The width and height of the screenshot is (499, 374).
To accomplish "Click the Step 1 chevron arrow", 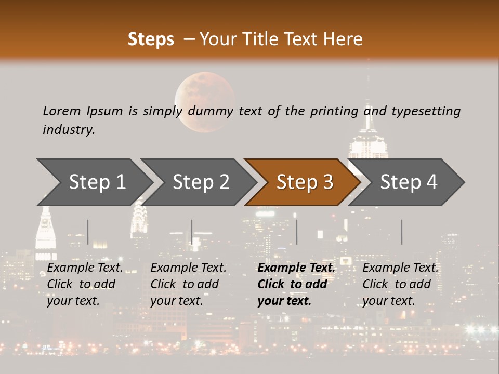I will [x=96, y=182].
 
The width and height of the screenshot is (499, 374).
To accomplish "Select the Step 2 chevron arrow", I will [x=200, y=182].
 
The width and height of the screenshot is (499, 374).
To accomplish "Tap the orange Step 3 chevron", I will [x=304, y=182].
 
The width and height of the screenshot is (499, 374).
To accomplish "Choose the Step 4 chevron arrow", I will [x=408, y=182].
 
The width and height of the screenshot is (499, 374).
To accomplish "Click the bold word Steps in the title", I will [x=151, y=39].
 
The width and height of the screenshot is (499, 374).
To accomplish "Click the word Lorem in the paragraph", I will [x=61, y=111].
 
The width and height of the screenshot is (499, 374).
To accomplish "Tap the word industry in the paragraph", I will [x=68, y=129].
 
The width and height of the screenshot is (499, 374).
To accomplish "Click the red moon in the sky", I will [x=204, y=101].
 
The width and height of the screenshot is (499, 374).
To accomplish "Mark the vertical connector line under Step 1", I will [x=88, y=232].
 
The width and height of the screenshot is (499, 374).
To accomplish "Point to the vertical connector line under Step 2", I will [x=192, y=232].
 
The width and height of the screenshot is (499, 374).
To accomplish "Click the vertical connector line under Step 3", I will [x=296, y=232].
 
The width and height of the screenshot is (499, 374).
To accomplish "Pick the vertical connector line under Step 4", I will [x=401, y=232].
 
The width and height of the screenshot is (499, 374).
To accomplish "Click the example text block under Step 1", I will [x=85, y=284].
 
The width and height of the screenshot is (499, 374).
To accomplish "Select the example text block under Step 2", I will [x=188, y=284].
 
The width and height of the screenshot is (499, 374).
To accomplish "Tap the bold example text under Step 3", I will [x=296, y=284].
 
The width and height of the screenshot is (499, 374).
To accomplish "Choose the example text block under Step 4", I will [x=400, y=284].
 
